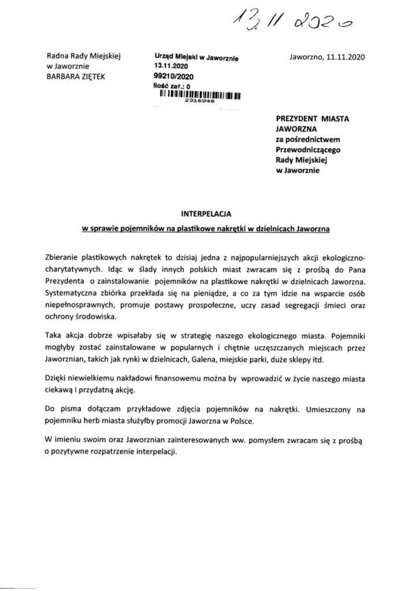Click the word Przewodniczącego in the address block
[x=313, y=149]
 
